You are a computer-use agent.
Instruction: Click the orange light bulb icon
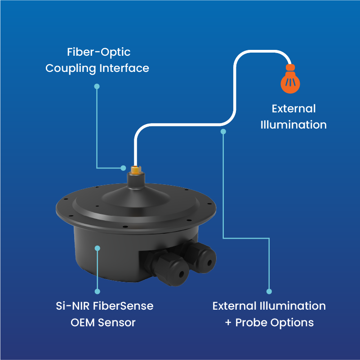[290, 80]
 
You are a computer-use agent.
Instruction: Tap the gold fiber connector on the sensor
[134, 170]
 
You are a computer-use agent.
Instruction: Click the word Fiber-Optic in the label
[99, 52]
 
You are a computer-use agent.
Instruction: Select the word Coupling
[71, 68]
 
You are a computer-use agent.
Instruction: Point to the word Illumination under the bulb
[293, 124]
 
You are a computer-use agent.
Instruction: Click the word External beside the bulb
[293, 108]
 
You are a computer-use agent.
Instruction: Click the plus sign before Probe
[227, 323]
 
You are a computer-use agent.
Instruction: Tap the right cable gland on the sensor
[203, 257]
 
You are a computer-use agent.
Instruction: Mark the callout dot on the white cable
[223, 131]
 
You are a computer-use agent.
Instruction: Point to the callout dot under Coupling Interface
[97, 86]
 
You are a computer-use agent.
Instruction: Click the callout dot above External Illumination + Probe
[269, 291]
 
